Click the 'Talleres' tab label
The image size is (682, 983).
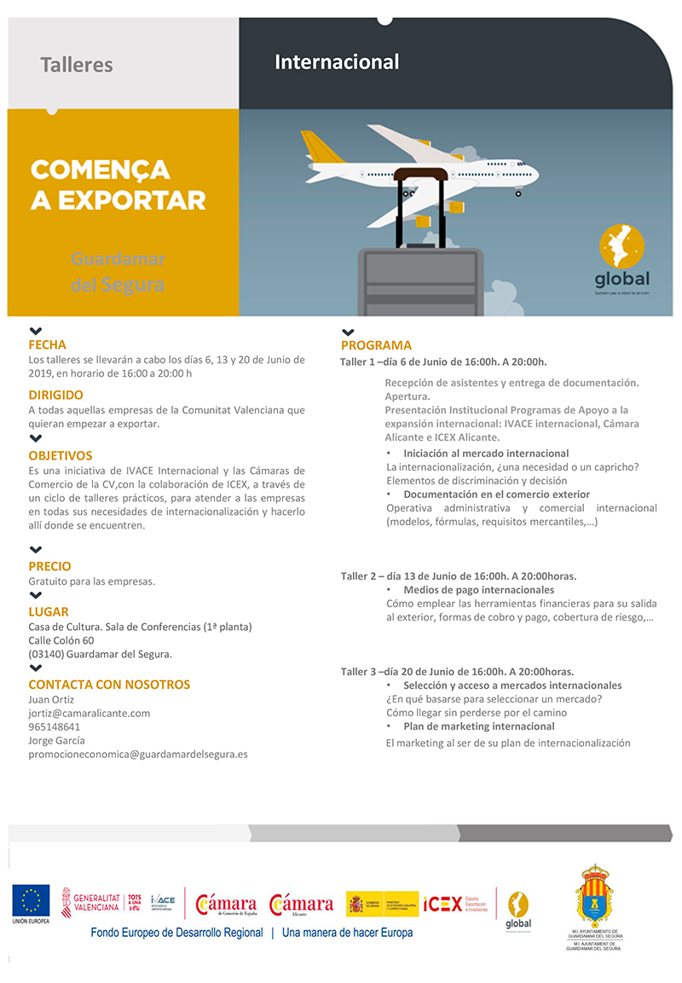pos(77,65)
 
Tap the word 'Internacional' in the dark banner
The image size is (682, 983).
pos(337,62)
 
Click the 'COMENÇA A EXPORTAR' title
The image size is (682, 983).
pos(118,184)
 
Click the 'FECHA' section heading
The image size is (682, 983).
pos(47,345)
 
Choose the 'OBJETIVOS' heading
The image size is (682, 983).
pos(60,455)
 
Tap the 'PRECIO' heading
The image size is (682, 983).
pos(49,566)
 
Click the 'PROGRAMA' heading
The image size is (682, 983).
pos(376,345)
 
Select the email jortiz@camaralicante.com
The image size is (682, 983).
pos(89,714)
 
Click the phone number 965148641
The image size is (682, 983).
pos(55,727)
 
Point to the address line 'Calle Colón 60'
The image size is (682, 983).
pos(61,640)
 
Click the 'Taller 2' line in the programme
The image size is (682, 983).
pos(458,575)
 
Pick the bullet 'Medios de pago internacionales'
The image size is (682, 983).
pos(478,590)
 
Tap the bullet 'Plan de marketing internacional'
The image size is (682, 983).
pos(478,726)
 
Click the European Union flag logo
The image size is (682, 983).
pos(31,900)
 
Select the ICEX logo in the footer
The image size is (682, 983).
pos(443,904)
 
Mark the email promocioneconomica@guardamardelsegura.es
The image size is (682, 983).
pos(138,755)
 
